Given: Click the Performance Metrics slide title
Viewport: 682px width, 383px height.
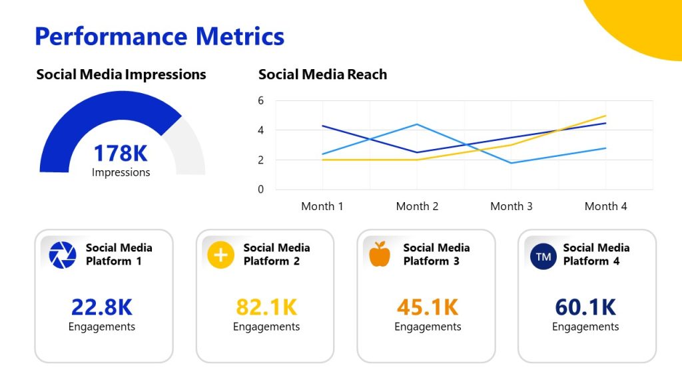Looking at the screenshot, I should (159, 36).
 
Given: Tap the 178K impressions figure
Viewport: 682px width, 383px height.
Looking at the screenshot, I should (121, 154).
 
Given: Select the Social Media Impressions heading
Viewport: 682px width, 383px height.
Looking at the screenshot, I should (121, 74).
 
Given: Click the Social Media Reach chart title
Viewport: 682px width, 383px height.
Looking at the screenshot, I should (322, 74).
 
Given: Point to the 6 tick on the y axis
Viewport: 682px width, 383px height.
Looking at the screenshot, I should (261, 100).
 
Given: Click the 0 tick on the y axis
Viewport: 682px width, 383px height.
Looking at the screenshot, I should (261, 190).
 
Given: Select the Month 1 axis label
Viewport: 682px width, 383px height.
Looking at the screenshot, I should (322, 206).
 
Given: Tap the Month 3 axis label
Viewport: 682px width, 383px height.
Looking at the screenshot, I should (511, 206).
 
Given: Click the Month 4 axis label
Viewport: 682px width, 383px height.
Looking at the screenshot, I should (605, 206).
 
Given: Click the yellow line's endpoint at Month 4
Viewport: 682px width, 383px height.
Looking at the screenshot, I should (605, 116).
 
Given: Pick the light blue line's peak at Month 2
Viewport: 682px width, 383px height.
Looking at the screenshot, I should (417, 124).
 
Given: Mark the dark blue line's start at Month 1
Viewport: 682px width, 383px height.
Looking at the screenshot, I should (322, 126).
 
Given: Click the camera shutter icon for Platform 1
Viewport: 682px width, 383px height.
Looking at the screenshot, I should (63, 255).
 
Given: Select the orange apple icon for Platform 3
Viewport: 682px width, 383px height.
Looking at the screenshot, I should (380, 255).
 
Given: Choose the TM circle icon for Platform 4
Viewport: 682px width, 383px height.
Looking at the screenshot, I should (543, 256).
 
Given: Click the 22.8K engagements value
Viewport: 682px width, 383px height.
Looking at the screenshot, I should (102, 307).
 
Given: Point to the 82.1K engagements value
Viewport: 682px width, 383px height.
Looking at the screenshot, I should (266, 307).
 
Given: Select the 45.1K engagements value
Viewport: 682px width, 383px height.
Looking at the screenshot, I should (428, 307).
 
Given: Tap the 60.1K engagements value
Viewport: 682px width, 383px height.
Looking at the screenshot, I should (585, 307).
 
